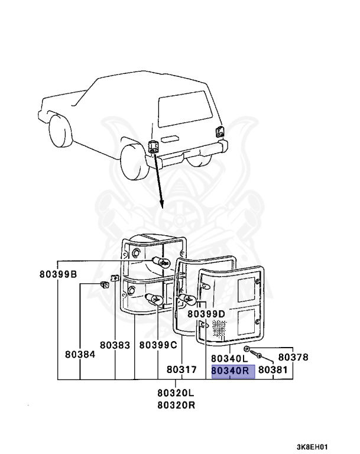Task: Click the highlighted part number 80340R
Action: coord(232,371)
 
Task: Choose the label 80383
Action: coord(115,345)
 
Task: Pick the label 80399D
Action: coord(206,313)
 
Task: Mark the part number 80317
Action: coord(180,369)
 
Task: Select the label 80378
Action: coord(293,357)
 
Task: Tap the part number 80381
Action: coord(273,370)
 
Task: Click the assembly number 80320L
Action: coord(176,393)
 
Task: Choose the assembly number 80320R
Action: coord(176,405)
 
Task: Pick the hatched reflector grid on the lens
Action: coord(219,329)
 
